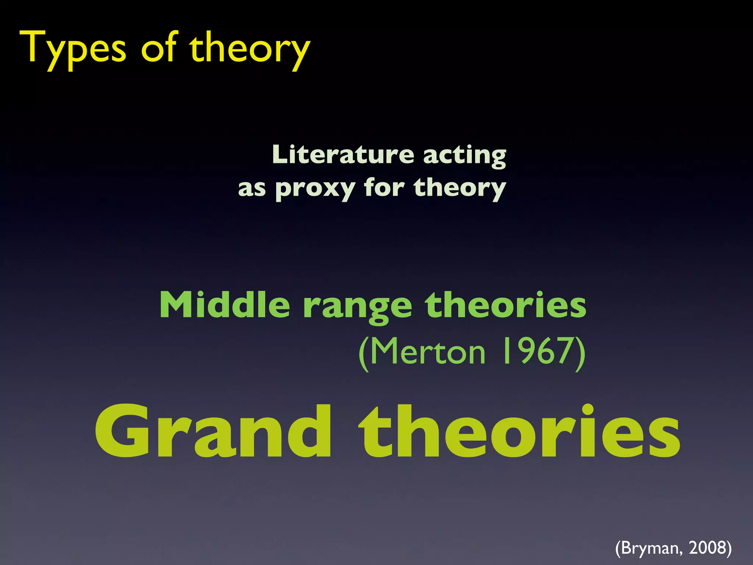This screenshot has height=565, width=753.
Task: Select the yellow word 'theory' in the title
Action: point(250,50)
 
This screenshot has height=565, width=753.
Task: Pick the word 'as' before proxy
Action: point(252,188)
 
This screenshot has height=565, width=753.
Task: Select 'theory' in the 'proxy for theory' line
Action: point(460,188)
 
